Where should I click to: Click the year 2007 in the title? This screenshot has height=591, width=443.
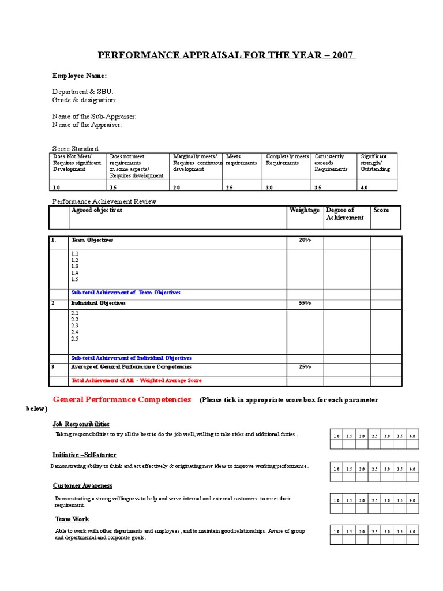(342, 55)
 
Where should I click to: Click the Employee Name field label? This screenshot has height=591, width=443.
(80, 76)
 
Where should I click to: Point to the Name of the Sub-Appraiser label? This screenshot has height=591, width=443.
(95, 117)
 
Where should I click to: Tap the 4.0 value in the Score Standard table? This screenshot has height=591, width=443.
(365, 188)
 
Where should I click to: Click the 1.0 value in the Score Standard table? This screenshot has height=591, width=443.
(57, 188)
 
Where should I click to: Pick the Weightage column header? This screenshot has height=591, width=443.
(304, 210)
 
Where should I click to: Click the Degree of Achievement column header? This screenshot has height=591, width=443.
(345, 214)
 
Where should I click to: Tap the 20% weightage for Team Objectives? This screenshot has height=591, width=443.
(305, 240)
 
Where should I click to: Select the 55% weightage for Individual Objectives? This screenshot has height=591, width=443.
(305, 303)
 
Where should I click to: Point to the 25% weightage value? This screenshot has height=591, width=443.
(305, 367)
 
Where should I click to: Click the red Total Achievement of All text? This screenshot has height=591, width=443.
(136, 381)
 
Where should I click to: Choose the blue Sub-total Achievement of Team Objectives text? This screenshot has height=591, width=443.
(126, 293)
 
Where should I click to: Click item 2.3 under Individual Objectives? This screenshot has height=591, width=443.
(74, 326)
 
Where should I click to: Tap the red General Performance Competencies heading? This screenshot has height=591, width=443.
(122, 399)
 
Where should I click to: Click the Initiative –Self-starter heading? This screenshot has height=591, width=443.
(85, 455)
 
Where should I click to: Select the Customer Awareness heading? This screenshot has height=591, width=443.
(82, 485)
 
